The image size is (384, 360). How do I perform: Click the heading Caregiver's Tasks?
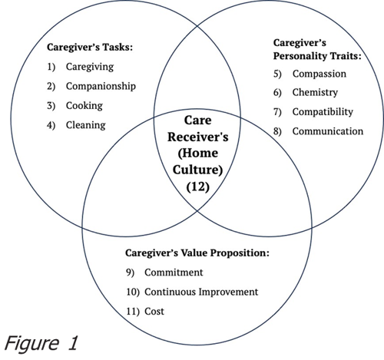90,48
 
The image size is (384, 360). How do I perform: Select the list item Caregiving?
90,67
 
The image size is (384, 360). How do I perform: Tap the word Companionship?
101,87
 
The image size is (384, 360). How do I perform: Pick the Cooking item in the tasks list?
84,106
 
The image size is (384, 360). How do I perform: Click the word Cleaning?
86,125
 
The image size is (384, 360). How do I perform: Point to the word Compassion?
319,74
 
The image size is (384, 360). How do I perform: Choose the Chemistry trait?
315,93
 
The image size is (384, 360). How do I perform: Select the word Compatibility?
323,112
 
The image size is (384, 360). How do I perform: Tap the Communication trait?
328,131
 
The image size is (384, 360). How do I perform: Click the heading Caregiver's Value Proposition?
197,253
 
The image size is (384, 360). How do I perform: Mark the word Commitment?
174,272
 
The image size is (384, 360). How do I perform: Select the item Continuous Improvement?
201,292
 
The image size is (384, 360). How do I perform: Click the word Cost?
154,312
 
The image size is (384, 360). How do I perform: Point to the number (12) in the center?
198,187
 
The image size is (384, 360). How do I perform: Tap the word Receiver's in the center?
198,137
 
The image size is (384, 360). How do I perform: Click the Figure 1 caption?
41,343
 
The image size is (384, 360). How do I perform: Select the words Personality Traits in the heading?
317,56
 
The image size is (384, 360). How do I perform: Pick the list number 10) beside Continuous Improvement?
133,292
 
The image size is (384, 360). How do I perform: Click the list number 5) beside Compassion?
277,74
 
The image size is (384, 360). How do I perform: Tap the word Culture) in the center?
198,170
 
